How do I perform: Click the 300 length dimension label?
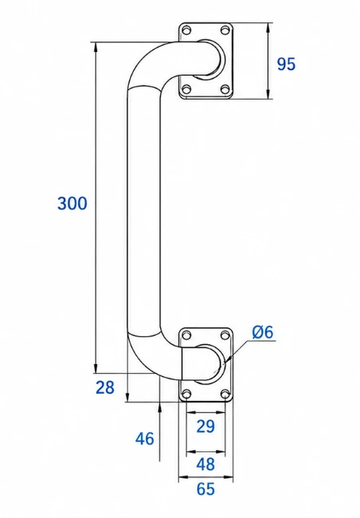click(x=72, y=203)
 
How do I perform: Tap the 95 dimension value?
click(x=286, y=64)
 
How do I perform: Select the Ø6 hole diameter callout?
click(x=263, y=332)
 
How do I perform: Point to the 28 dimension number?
click(x=105, y=387)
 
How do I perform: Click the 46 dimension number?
click(x=145, y=439)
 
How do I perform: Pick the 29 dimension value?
click(x=205, y=426)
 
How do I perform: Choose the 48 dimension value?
click(x=205, y=464)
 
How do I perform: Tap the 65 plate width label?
click(x=205, y=489)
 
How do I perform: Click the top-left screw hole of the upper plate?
click(x=187, y=30)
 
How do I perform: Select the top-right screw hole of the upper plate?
click(x=225, y=30)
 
